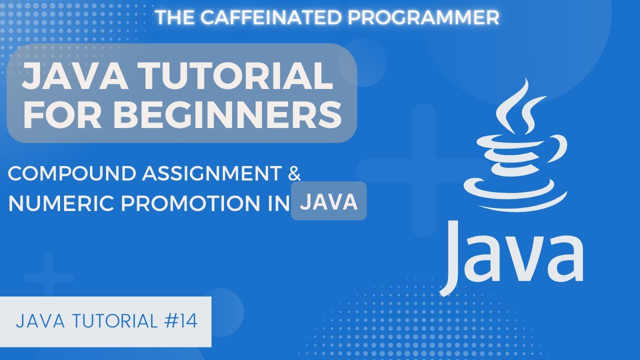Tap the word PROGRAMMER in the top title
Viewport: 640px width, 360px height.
pyautogui.click(x=424, y=17)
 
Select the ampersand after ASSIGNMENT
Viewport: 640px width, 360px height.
pyautogui.click(x=295, y=173)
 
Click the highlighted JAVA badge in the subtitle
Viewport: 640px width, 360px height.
pyautogui.click(x=328, y=201)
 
